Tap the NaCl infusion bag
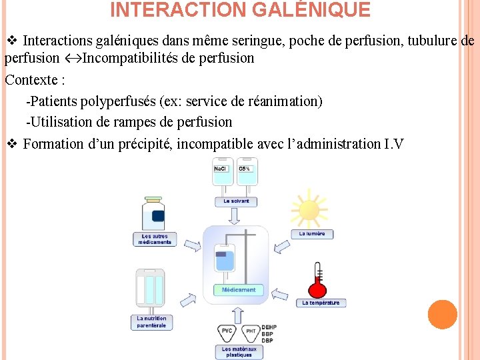tap(221, 175)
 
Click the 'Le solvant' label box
tap(235, 201)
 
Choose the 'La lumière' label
tap(311, 234)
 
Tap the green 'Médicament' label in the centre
tap(238, 290)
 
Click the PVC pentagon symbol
tap(227, 331)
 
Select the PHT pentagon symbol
tap(251, 331)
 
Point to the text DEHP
tap(268, 327)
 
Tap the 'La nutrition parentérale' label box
tap(151, 322)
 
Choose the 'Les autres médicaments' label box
tap(155, 239)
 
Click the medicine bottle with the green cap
tap(154, 213)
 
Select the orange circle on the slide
tap(442, 315)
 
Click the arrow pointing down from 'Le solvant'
tap(235, 216)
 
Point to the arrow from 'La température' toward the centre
tap(279, 293)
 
